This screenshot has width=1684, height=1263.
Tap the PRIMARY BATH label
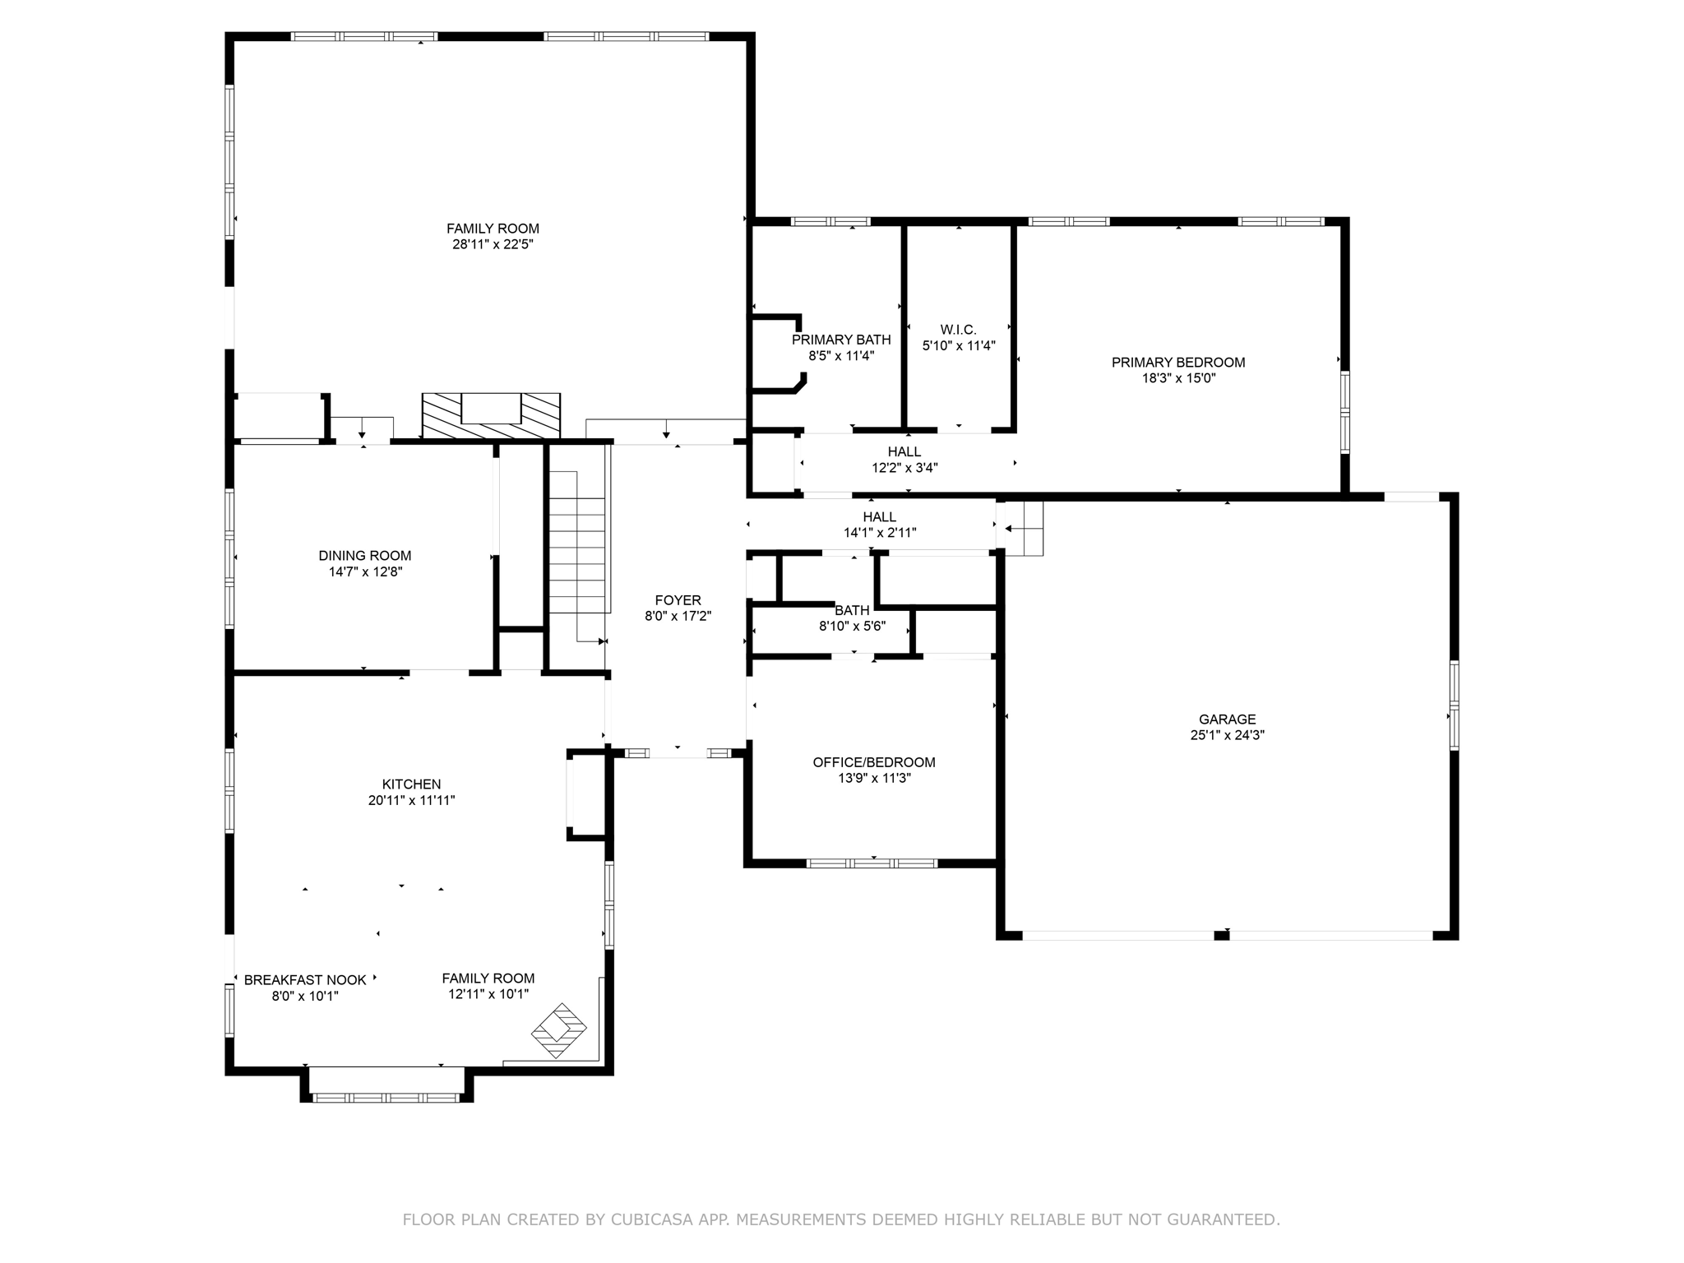[x=840, y=340]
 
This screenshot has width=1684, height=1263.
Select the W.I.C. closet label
[x=958, y=330]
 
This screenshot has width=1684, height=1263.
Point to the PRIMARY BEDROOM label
[x=1177, y=363]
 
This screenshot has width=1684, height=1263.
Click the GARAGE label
[x=1227, y=719]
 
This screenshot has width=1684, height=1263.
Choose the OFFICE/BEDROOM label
[x=873, y=762]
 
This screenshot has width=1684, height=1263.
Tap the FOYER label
[x=678, y=600]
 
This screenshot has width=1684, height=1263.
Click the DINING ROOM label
[x=364, y=556]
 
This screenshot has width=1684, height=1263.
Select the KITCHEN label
[x=411, y=784]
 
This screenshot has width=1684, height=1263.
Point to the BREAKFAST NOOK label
[x=305, y=980]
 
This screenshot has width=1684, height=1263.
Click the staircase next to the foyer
[x=578, y=543]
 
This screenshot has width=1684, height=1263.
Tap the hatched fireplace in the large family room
[x=491, y=415]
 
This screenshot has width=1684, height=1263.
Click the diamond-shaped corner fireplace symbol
[x=558, y=1030]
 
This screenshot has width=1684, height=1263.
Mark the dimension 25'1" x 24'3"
[x=1227, y=736]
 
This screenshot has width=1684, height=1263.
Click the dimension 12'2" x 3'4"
[x=904, y=468]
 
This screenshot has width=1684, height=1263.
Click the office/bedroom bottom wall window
[x=872, y=863]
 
